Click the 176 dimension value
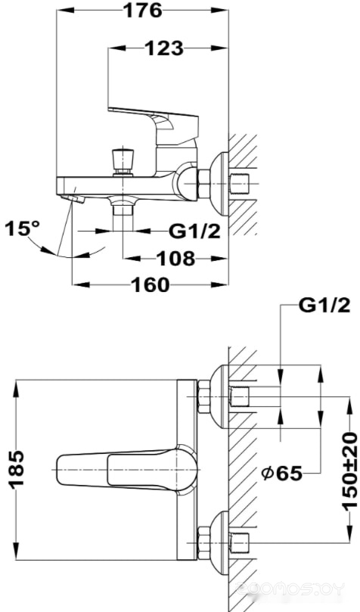(142, 11)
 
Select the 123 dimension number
(164, 48)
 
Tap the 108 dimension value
(175, 258)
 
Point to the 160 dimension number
(151, 285)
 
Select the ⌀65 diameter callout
(282, 473)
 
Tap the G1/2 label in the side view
(194, 231)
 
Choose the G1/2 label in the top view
(324, 306)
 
